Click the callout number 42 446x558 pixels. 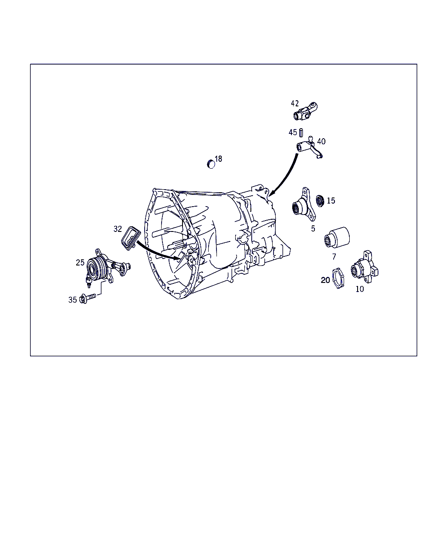(295, 103)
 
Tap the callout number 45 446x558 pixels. (293, 133)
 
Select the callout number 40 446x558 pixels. (321, 141)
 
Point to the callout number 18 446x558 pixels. (219, 159)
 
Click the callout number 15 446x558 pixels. (331, 201)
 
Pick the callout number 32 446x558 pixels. (118, 229)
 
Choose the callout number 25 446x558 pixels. (80, 262)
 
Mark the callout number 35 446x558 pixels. (73, 300)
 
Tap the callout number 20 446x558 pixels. (325, 280)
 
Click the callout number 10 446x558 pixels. (360, 289)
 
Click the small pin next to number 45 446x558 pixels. (301, 133)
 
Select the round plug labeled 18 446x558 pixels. (211, 164)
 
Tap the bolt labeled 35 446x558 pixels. (88, 298)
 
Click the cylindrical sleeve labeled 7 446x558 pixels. (337, 237)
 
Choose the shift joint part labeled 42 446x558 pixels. (305, 112)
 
